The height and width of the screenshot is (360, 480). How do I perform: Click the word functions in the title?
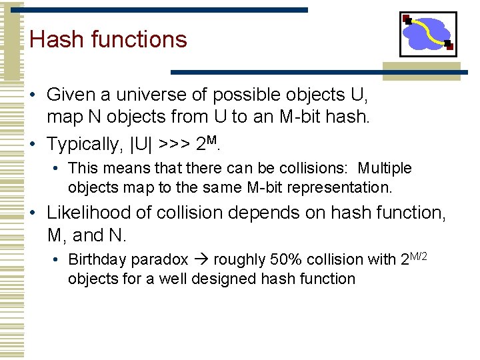tap(139, 39)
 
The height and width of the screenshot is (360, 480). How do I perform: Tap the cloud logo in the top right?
tap(428, 33)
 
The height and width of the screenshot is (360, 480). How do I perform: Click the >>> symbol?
tap(175, 144)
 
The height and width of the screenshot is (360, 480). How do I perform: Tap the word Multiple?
tap(385, 169)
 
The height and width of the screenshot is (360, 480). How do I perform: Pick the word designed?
tap(218, 278)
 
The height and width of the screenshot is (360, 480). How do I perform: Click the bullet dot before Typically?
tap(33, 144)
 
